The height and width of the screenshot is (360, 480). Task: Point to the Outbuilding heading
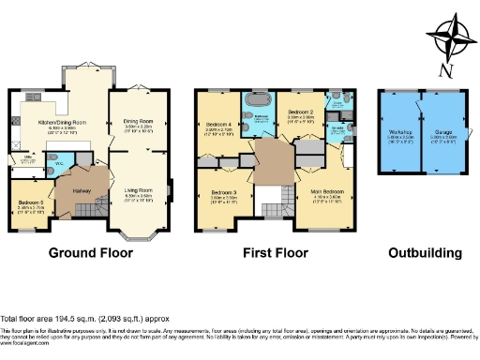(427, 252)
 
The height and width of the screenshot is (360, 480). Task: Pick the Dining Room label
(138, 120)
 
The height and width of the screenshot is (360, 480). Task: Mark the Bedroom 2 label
(299, 112)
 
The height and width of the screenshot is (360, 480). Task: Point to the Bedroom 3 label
(222, 193)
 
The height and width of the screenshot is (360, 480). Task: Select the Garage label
(442, 132)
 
